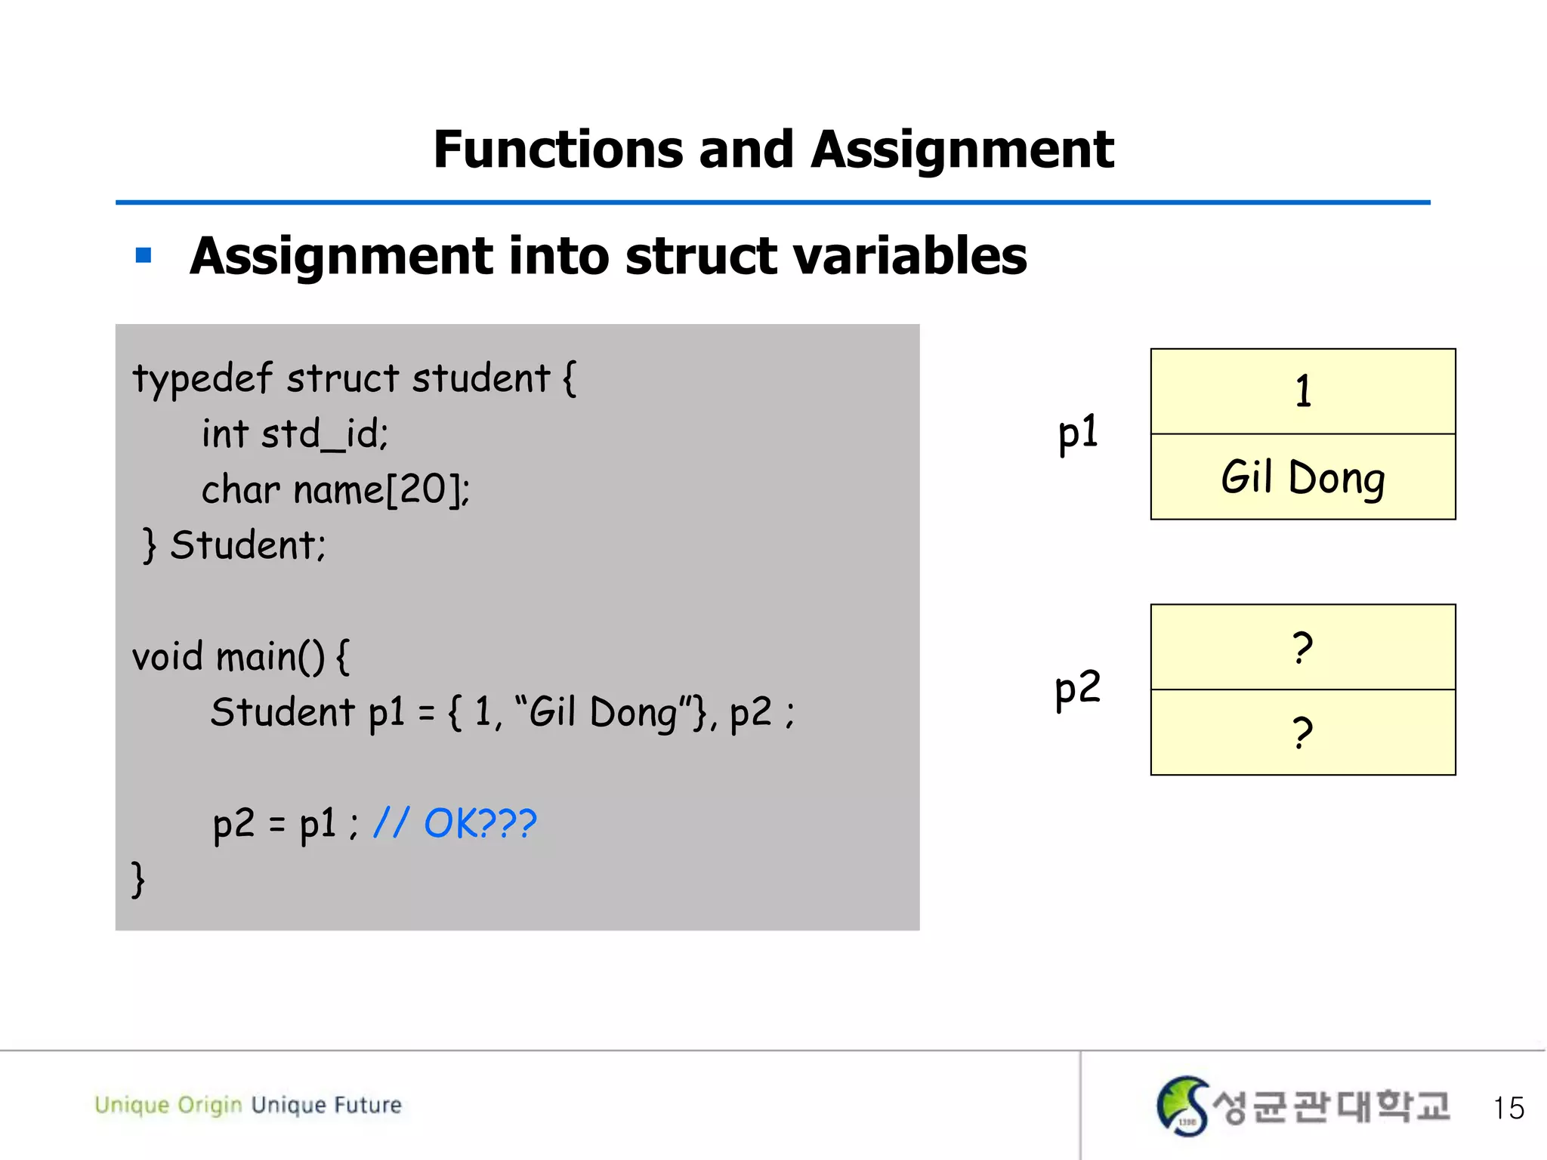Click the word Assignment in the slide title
click(x=962, y=149)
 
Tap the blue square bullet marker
click(x=144, y=255)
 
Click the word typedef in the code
click(x=202, y=378)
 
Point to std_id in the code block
click(x=325, y=435)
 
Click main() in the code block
click(x=270, y=656)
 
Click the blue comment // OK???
click(x=455, y=823)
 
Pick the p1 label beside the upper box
click(x=1077, y=433)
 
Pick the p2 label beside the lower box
click(x=1077, y=689)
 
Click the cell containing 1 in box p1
click(x=1302, y=391)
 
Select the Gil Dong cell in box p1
click(x=1302, y=477)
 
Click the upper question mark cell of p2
click(x=1302, y=647)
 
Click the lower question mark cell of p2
click(x=1302, y=733)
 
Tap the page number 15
click(x=1508, y=1108)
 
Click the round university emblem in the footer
click(x=1182, y=1106)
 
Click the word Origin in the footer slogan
click(x=209, y=1106)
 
